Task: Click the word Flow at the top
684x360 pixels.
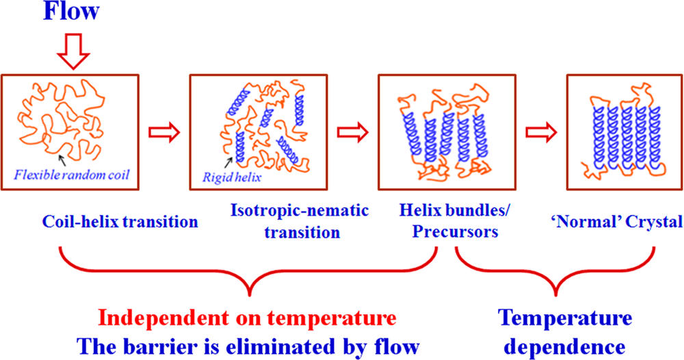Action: pos(72,11)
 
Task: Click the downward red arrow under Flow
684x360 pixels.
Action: pos(73,51)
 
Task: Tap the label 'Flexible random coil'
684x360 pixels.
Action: pos(72,175)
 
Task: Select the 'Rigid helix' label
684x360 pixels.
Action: pos(232,177)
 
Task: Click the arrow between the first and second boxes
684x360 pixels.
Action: pos(164,132)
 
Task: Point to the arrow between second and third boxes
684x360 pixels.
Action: pos(352,132)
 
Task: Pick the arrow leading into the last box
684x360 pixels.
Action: pos(541,132)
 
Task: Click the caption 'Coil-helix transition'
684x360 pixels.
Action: pos(120,221)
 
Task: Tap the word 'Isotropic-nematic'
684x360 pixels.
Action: pos(300,211)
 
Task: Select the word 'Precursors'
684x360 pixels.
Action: pos(455,231)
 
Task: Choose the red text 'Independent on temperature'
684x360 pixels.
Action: pos(248,318)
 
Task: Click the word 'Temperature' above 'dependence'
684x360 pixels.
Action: pos(566,318)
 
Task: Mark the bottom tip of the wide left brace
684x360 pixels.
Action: pos(250,296)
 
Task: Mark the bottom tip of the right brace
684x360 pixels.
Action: pos(555,296)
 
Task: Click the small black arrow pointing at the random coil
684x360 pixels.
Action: pos(63,160)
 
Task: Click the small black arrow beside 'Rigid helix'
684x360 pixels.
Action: pos(228,163)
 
